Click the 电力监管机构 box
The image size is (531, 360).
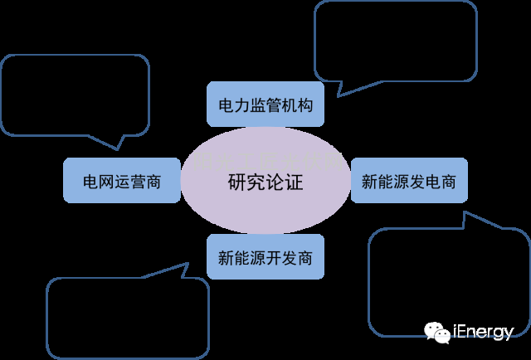coord(265,105)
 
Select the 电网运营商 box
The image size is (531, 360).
coord(121,181)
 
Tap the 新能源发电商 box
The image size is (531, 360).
coord(408,181)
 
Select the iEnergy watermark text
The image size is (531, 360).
coord(483,333)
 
